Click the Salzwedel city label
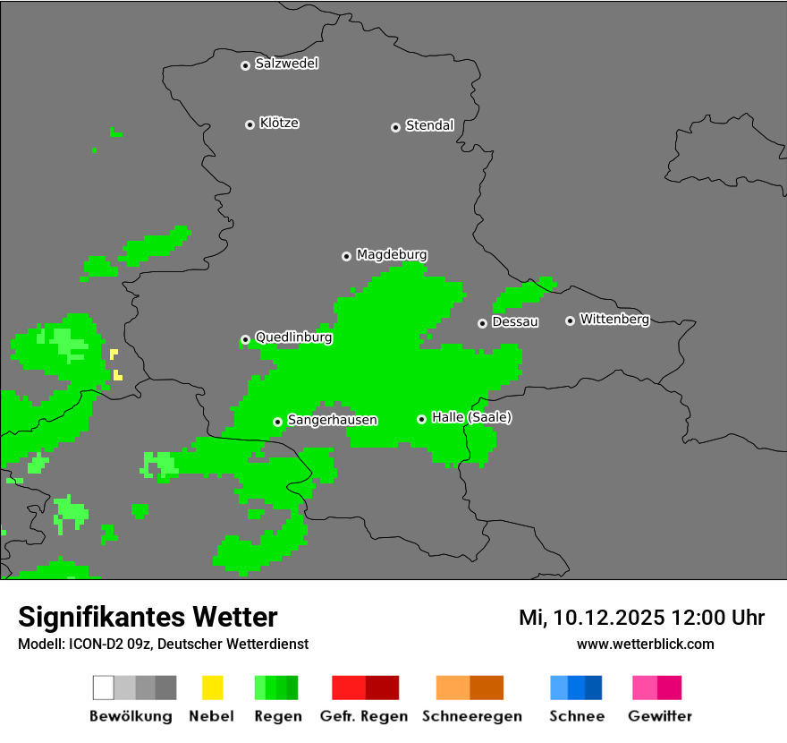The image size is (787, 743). click(x=286, y=64)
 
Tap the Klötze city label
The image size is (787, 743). click(x=279, y=123)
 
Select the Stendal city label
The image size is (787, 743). click(x=429, y=125)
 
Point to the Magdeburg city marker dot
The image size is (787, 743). click(x=346, y=256)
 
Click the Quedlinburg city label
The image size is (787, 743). click(x=293, y=337)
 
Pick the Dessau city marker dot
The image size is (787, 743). click(x=482, y=323)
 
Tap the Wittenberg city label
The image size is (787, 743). click(x=614, y=319)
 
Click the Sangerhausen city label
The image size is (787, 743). click(x=332, y=420)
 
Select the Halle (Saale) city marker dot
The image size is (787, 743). click(x=421, y=419)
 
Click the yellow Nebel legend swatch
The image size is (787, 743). click(x=213, y=687)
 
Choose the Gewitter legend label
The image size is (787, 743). click(x=660, y=716)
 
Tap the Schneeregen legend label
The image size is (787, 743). click(x=472, y=716)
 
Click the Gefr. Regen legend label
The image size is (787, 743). click(x=363, y=716)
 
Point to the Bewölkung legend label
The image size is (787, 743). click(x=131, y=716)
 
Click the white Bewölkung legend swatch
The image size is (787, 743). click(x=104, y=687)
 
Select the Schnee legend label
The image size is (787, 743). click(x=577, y=716)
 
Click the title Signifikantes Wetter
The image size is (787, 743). click(x=148, y=617)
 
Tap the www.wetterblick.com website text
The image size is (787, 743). click(x=645, y=644)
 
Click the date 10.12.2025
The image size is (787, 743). click(x=608, y=618)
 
